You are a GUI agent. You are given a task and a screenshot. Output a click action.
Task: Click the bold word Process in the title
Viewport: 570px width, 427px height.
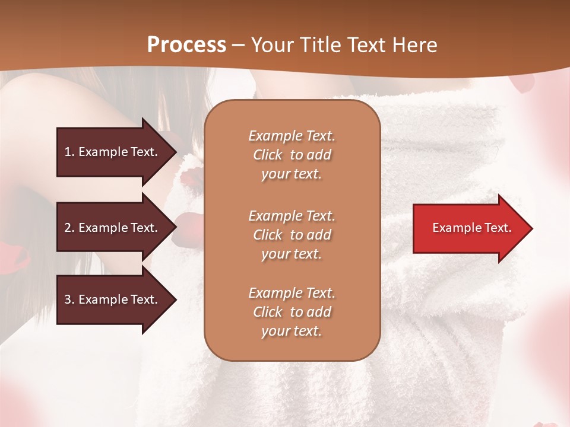[x=186, y=45]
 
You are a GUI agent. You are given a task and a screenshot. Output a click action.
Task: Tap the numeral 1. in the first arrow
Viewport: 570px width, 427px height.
[x=69, y=152]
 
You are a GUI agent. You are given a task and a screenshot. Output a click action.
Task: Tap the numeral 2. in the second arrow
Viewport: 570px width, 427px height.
[x=69, y=228]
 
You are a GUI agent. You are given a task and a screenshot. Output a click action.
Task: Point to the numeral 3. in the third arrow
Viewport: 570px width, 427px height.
[x=69, y=299]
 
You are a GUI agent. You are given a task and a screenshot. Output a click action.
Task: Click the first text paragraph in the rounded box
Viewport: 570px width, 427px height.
[x=292, y=155]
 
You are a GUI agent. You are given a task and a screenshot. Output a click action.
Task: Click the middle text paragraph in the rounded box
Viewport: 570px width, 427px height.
[x=292, y=235]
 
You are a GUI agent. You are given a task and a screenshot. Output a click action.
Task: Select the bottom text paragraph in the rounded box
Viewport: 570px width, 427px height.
[x=292, y=312]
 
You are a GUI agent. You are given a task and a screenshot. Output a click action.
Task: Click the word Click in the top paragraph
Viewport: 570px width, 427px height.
[x=268, y=155]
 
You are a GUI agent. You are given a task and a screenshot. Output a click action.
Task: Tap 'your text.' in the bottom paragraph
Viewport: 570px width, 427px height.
[x=292, y=331]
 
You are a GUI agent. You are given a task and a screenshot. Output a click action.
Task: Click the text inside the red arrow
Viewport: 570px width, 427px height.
[x=471, y=228]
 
